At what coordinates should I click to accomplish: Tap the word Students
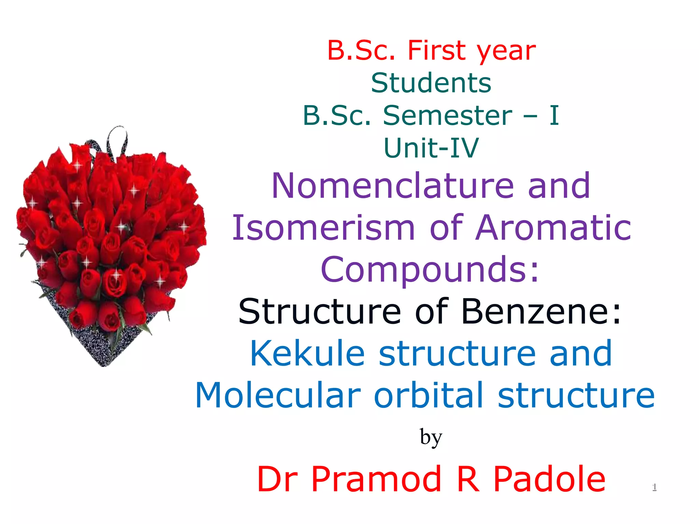[x=431, y=83]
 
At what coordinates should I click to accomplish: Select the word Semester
[x=447, y=115]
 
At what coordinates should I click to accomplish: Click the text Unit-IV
[x=431, y=148]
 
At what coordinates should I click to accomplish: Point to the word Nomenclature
[x=393, y=186]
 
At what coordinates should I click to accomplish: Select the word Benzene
[x=541, y=311]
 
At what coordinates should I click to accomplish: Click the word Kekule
[x=307, y=353]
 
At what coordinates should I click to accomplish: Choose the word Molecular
[x=278, y=395]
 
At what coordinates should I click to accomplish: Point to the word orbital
[x=429, y=395]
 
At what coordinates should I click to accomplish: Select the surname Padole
[x=550, y=479]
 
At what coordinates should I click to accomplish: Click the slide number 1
[x=654, y=487]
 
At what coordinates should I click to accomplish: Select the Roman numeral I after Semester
[x=554, y=115]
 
